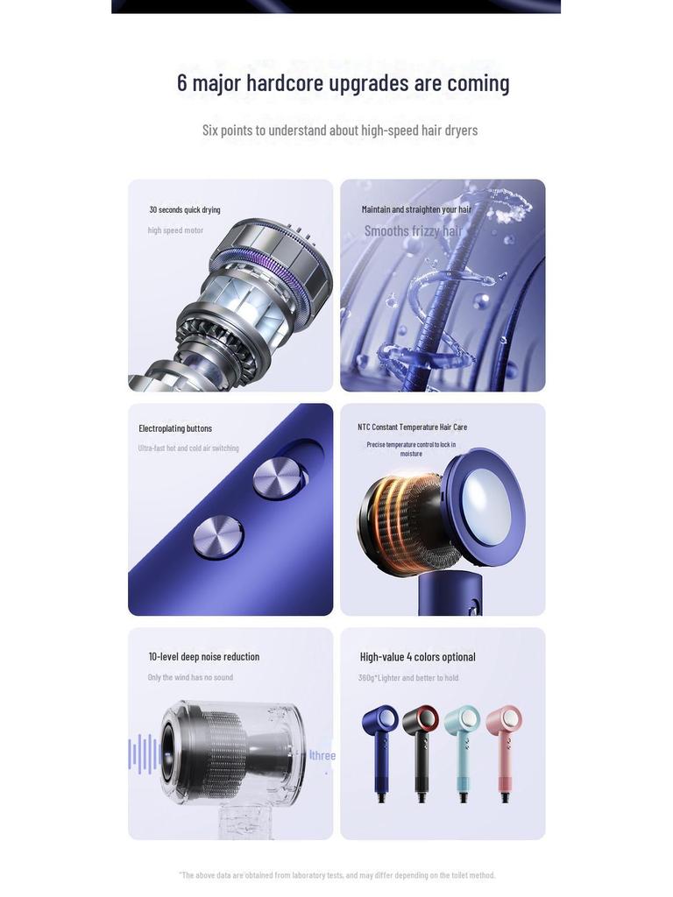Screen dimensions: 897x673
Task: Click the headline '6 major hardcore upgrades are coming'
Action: coord(343,82)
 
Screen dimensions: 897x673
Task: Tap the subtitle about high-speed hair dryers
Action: coord(340,131)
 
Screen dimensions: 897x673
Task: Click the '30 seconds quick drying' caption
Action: coord(185,210)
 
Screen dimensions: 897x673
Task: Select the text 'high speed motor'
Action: coord(175,230)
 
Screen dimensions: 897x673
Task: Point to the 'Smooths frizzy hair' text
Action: coord(413,231)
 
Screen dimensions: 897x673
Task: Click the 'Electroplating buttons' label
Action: coord(175,428)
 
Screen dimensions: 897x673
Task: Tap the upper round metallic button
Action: coord(278,478)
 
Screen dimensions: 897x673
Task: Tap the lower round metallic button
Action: coord(217,537)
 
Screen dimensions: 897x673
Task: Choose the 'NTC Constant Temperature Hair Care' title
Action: coord(412,427)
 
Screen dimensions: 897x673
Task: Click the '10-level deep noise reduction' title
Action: coord(203,657)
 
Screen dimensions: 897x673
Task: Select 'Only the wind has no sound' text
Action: coord(190,677)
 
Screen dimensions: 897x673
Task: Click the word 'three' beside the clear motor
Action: coord(323,756)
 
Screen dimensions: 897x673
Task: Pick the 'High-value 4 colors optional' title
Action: coord(417,657)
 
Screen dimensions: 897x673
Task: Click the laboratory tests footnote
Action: coord(337,875)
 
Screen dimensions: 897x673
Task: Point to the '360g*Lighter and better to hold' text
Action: coord(407,678)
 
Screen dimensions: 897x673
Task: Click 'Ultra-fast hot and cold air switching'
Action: coord(188,448)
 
